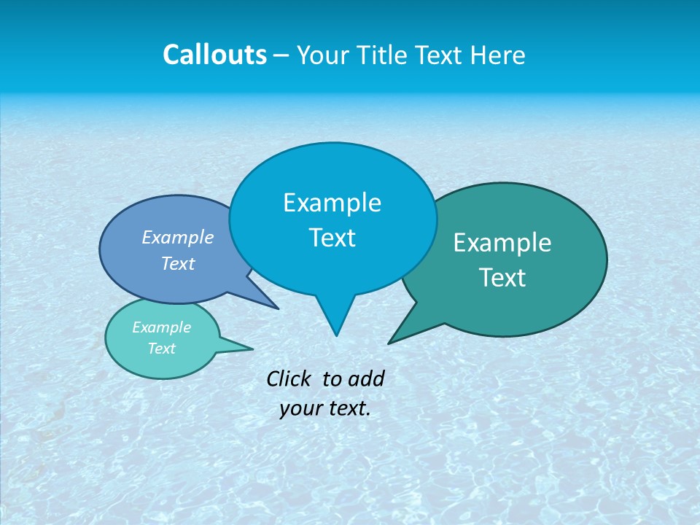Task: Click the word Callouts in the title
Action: point(214,55)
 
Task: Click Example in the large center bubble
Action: point(332,203)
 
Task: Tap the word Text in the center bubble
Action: point(332,238)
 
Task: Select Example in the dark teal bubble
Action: point(502,243)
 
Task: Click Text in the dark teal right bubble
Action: point(502,278)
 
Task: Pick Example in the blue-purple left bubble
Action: point(178,238)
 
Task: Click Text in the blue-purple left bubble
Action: point(178,264)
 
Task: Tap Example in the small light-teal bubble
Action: point(161,327)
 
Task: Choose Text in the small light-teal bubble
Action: point(161,349)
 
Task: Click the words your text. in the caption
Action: point(325,408)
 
